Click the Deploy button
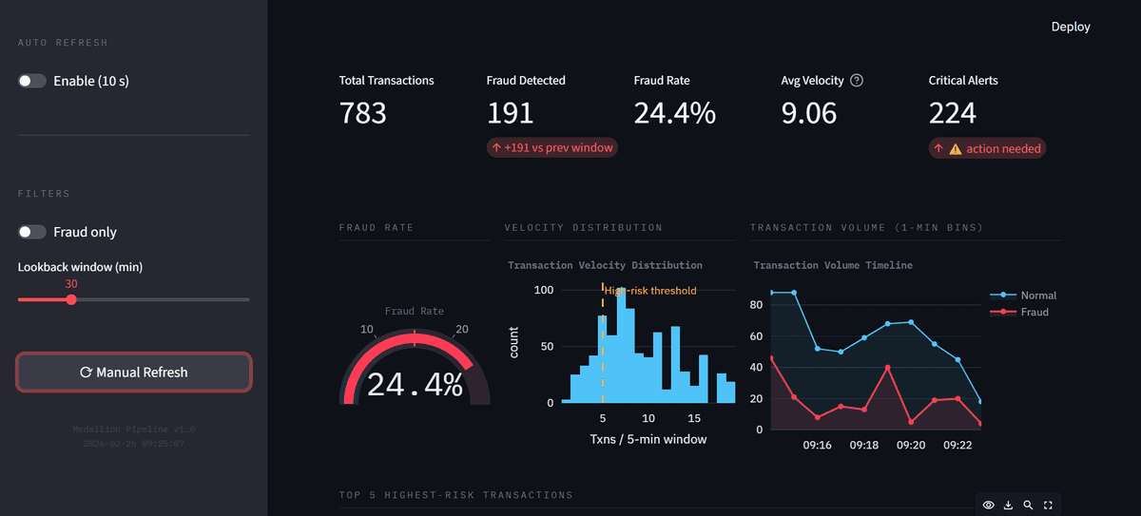pos(1071,27)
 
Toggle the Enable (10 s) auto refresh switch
pos(32,81)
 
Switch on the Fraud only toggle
pos(32,232)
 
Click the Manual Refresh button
pos(134,373)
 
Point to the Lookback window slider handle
pos(71,299)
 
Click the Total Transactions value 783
pos(363,113)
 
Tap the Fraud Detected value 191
pos(511,113)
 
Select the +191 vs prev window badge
pos(551,147)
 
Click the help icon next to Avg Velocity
pos(857,81)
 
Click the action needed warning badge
pos(987,148)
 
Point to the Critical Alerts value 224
pos(953,113)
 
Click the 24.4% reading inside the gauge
pos(415,384)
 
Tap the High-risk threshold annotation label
pos(651,291)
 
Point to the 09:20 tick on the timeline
pos(911,445)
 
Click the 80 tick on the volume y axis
pos(757,305)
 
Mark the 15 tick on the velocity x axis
pos(694,419)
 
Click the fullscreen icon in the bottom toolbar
pos(1049,505)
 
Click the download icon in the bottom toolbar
pos(1009,505)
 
